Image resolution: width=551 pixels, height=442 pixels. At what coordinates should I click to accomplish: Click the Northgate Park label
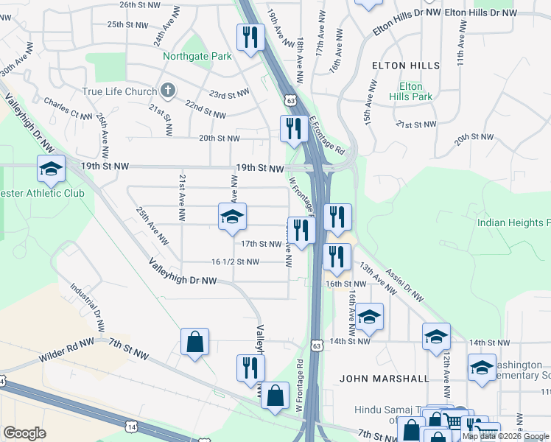click(x=197, y=56)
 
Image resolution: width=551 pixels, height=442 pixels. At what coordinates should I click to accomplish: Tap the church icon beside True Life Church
click(x=168, y=91)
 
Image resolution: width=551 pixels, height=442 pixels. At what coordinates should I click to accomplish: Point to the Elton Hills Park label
click(x=411, y=91)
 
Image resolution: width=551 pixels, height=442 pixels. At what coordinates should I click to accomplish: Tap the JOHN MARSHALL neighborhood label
click(x=384, y=378)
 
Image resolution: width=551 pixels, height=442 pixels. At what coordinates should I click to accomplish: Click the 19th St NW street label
click(x=259, y=169)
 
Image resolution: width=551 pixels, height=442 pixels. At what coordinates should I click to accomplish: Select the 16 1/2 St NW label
click(x=235, y=262)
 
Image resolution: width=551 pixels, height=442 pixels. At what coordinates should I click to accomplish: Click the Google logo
click(x=24, y=433)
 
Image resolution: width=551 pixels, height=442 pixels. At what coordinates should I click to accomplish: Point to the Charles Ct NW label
click(x=68, y=109)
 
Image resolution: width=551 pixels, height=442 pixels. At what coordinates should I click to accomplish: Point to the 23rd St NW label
click(x=228, y=94)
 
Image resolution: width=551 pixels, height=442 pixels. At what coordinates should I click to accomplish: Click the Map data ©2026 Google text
click(x=505, y=436)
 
